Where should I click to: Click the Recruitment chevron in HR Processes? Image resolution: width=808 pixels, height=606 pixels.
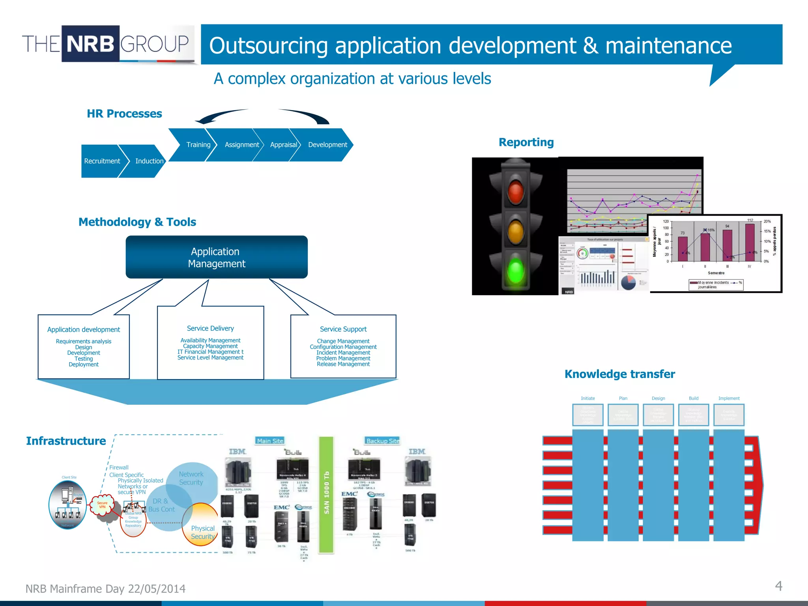(x=102, y=161)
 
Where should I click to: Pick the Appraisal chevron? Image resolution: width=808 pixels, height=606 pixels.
(x=283, y=145)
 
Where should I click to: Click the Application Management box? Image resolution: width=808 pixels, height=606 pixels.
(x=217, y=257)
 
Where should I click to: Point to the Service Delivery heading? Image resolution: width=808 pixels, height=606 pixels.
(x=210, y=328)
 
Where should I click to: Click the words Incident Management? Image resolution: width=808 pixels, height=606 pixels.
(x=343, y=353)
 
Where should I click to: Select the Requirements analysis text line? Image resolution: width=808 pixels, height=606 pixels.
(x=84, y=341)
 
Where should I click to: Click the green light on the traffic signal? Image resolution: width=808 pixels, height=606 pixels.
(x=515, y=271)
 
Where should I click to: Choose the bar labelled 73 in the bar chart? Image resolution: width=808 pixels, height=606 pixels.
(x=683, y=249)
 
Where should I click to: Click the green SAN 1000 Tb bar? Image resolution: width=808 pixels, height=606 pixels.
(x=326, y=495)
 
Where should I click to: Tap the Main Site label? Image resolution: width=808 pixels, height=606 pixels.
(x=270, y=441)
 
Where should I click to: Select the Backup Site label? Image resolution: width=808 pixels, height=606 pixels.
(x=382, y=441)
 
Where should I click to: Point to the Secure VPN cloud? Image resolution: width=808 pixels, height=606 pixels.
(x=102, y=505)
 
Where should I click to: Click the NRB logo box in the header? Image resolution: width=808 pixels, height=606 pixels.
(x=90, y=44)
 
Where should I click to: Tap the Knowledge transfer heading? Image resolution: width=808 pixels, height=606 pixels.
(x=619, y=374)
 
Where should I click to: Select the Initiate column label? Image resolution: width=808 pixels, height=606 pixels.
(x=587, y=398)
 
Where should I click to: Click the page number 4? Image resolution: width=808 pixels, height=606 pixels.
(x=778, y=586)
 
